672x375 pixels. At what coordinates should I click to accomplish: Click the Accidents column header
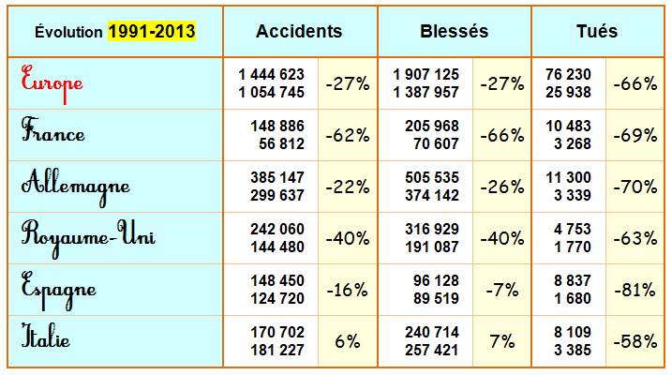(299, 31)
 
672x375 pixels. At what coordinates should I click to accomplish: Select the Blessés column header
(455, 31)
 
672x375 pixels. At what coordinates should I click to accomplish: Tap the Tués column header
(597, 31)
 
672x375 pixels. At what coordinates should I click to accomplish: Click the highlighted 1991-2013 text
(152, 31)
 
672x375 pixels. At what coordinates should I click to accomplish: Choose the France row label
(53, 133)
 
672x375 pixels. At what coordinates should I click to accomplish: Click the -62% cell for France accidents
(346, 134)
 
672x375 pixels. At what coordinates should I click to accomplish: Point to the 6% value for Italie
(348, 341)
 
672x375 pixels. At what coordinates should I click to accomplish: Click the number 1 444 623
(271, 74)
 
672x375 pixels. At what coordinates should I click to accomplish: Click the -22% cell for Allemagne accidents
(346, 186)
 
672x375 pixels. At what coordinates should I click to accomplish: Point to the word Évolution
(67, 32)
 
